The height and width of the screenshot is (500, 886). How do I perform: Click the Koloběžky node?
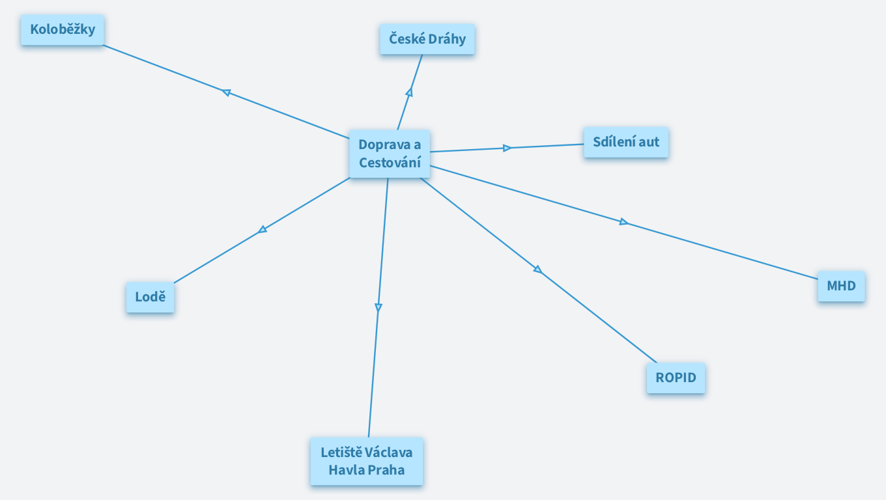click(63, 30)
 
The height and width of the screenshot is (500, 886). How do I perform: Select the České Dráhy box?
click(427, 39)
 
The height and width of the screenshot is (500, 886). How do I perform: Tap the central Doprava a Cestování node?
click(390, 153)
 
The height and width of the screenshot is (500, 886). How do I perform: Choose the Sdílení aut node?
click(625, 142)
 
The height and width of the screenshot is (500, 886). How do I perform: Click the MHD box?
click(841, 286)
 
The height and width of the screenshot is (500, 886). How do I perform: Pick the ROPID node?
click(676, 378)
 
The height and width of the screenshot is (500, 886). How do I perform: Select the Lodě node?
click(150, 298)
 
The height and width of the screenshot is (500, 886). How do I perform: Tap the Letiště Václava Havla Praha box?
click(366, 461)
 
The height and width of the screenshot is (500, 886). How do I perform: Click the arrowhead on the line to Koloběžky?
click(227, 92)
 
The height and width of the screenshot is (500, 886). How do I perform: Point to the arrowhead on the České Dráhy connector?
click(410, 92)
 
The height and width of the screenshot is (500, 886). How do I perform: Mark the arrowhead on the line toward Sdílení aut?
click(507, 148)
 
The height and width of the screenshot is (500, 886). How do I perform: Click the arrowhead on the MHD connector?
click(623, 222)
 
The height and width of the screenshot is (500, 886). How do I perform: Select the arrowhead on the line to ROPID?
click(537, 269)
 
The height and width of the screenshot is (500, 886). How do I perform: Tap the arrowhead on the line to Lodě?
click(263, 229)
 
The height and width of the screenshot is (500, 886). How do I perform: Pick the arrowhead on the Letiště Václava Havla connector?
click(378, 307)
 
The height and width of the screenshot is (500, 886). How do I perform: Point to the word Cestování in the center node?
click(390, 162)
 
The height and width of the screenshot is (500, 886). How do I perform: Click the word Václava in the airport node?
click(388, 452)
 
